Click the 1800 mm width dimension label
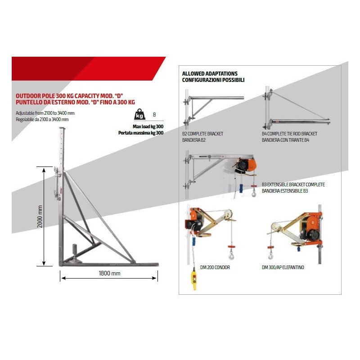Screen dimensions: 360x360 (109, 273)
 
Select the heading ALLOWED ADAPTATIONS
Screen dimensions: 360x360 (210, 73)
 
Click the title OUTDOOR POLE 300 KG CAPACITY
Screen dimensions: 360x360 (69, 96)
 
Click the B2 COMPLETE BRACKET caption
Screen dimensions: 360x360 (202, 134)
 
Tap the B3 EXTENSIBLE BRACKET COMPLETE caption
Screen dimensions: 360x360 (293, 184)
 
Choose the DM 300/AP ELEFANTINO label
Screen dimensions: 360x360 (283, 267)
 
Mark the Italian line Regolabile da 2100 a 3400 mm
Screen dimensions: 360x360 (42, 119)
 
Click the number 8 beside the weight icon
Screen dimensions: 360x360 (154, 114)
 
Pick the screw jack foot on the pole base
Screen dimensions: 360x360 (75, 252)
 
